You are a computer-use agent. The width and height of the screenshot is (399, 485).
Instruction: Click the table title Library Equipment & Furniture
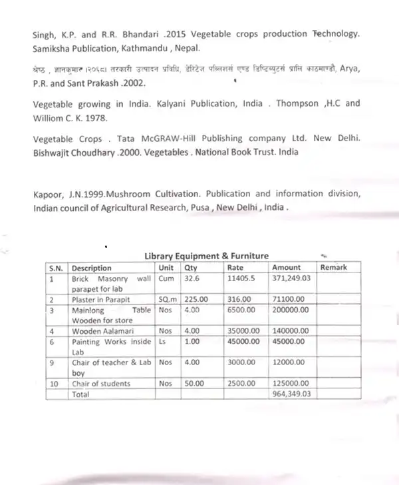tap(207, 255)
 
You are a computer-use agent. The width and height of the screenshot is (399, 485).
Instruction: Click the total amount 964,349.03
tap(293, 394)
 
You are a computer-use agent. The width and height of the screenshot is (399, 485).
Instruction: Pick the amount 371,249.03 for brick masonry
tap(293, 278)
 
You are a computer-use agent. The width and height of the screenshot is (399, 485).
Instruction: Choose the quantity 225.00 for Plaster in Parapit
tap(197, 300)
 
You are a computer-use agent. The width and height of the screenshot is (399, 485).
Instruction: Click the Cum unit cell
tap(166, 278)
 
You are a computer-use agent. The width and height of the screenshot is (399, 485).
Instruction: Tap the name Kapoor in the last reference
tap(47, 194)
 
